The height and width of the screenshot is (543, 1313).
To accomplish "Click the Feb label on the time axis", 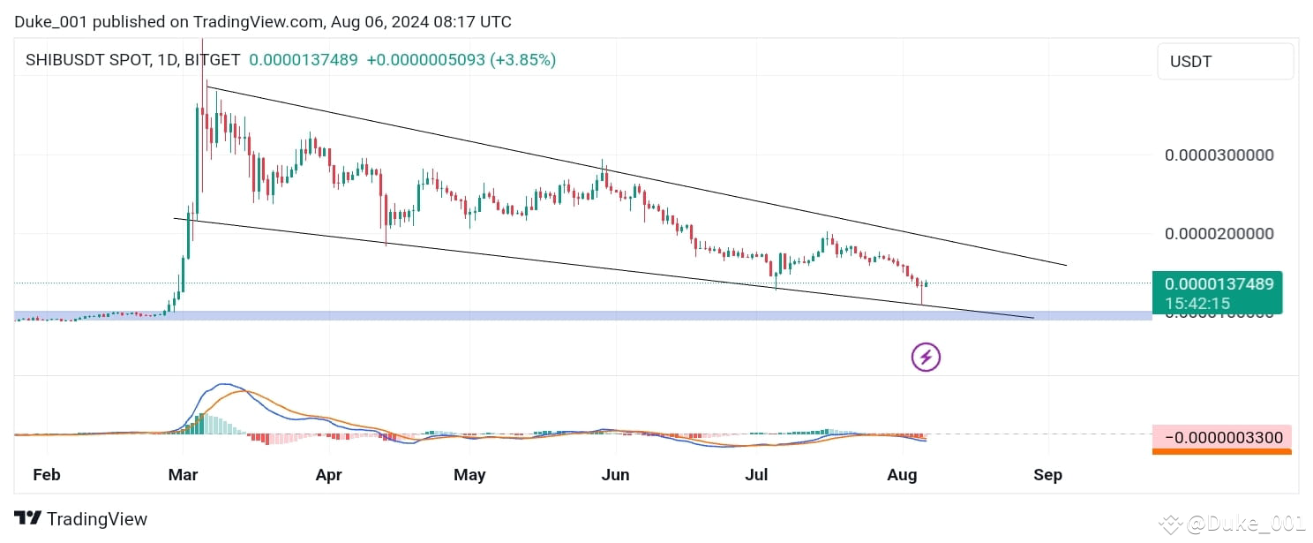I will pos(46,475).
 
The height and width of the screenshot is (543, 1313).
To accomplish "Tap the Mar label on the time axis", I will pos(182,475).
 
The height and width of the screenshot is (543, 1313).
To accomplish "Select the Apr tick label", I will pos(328,475).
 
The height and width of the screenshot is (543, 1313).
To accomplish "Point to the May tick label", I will pos(469,475).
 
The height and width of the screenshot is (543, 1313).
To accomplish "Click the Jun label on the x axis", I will pos(615,475).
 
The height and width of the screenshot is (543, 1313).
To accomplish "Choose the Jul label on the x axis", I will pos(756,475).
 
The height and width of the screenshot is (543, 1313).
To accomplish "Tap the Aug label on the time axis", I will pos(902,475).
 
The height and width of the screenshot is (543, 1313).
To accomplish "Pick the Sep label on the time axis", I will pos(1047,475).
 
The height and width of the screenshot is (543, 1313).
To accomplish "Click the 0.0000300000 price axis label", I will pos(1219,155).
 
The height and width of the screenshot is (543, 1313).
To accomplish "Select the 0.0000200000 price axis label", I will pos(1219,234).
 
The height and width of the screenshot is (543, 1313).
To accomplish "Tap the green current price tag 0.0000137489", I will pos(1219,284).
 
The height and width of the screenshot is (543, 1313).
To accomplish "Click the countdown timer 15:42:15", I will pos(1197,302).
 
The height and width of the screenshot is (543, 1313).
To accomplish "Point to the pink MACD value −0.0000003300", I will pos(1222,437).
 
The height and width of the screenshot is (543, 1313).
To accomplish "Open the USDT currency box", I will pos(1225,62).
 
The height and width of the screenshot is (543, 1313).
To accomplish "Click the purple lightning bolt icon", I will pos(926,358).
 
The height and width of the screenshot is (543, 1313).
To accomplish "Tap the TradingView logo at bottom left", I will pos(81,519).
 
